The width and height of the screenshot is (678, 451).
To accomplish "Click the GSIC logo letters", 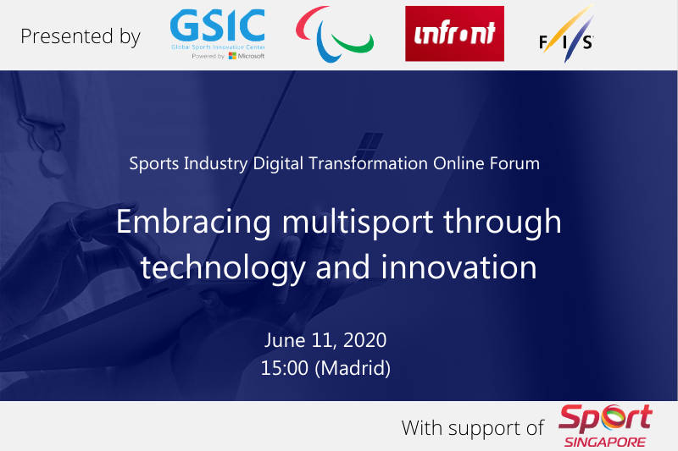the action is point(217,25).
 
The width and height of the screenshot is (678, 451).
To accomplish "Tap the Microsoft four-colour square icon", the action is point(232,56).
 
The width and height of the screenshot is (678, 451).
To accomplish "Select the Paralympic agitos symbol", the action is point(334,35).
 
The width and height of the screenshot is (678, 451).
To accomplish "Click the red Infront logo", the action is point(454,34).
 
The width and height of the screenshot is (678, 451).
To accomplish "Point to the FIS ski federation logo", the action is point(566,35).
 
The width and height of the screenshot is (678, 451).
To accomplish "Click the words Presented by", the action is point(81,36).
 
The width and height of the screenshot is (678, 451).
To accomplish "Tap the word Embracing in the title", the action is point(193,223).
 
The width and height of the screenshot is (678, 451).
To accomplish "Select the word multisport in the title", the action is point(357,222).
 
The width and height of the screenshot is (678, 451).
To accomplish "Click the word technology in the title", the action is point(223,268).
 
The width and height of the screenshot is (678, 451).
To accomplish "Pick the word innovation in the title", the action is point(458,267).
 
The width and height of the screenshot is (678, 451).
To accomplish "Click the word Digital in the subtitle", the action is point(278,164).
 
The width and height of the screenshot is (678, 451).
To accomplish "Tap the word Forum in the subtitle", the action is point(514,163).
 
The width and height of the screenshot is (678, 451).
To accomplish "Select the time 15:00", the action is point(285,368).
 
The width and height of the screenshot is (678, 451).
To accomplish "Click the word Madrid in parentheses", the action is point(353,368).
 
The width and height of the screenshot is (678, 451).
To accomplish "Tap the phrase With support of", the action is point(473,428).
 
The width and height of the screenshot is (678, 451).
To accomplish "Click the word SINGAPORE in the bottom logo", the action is point(604,442).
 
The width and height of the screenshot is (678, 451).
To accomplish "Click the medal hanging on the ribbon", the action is point(53,163).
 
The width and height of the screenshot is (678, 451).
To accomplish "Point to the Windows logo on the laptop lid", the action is point(370,145).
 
